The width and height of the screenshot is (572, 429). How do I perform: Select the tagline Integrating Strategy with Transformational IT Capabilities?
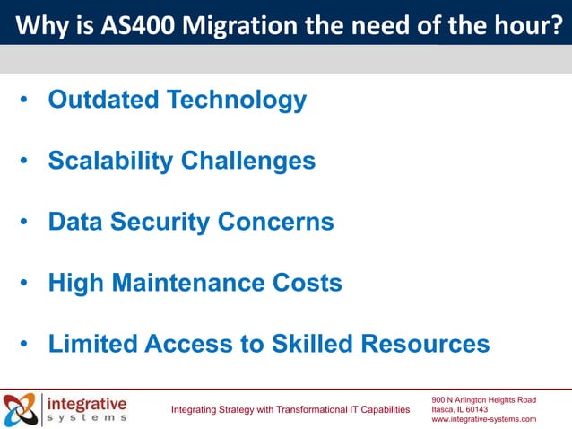(290, 410)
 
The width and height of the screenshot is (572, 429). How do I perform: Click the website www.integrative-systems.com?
(484, 419)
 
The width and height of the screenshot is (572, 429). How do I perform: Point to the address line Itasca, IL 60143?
(459, 409)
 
